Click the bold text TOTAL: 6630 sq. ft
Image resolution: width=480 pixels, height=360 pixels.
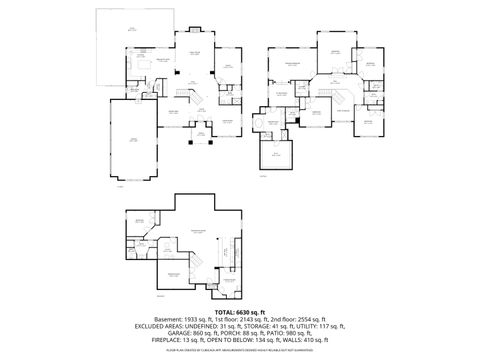click(240, 313)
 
